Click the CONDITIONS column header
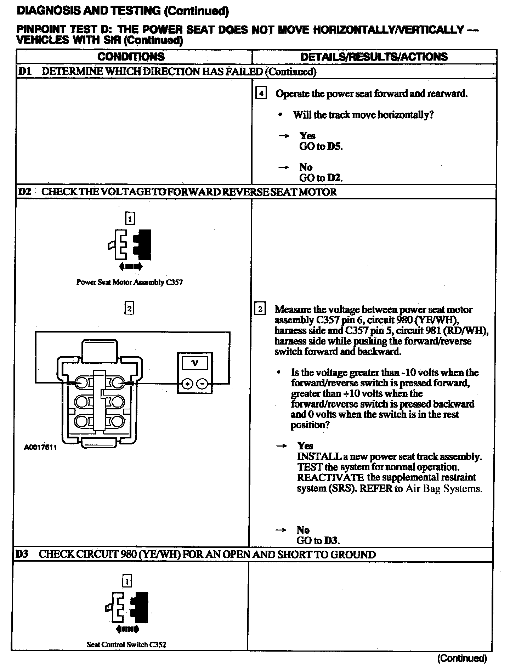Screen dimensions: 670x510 [x=131, y=57]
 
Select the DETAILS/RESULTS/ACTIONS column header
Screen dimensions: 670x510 [x=374, y=57]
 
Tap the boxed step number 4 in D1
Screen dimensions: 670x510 [x=261, y=93]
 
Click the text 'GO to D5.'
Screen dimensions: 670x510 [x=321, y=146]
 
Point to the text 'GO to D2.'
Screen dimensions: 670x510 [x=321, y=178]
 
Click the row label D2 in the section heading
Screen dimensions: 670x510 [x=24, y=192]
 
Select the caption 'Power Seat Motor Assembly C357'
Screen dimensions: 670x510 [x=130, y=282]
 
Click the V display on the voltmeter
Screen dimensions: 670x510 [x=194, y=363]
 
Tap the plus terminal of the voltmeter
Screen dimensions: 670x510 [x=187, y=384]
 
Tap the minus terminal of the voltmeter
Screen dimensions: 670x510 [x=202, y=384]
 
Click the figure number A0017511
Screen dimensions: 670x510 [x=40, y=447]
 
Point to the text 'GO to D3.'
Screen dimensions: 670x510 [x=318, y=540]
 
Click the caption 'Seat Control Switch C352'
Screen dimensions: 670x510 [x=126, y=645]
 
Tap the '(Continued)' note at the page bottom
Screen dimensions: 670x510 [x=462, y=658]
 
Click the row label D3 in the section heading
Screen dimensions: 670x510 [x=22, y=555]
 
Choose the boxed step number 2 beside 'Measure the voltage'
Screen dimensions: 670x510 [x=260, y=309]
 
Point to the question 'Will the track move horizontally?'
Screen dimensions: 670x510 [x=363, y=115]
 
